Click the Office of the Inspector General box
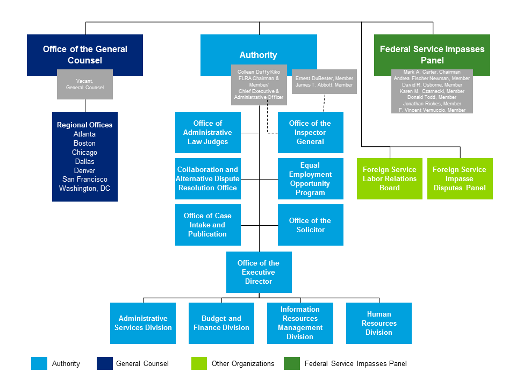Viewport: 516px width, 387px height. point(310,132)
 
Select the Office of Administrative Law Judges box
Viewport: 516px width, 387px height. point(207,132)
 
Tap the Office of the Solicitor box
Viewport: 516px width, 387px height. point(310,225)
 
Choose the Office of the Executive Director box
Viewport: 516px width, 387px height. point(259,272)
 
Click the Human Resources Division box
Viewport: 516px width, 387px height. point(378,323)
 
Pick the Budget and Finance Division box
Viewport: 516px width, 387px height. point(221,323)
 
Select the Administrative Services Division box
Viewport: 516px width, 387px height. point(143,323)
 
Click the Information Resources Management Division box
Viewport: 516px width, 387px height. point(300,323)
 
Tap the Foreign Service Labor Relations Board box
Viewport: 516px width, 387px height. point(389,178)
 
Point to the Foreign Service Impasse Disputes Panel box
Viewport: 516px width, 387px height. point(460,178)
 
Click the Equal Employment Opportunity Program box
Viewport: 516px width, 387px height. point(310,178)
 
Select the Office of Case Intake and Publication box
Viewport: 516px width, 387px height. point(207,225)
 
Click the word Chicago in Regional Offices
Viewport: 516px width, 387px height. point(84,152)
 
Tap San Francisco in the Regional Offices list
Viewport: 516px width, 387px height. point(84,180)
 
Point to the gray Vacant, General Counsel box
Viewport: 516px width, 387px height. point(85,84)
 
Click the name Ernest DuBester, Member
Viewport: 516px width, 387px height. point(324,78)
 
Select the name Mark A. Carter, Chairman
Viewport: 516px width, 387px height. point(432,72)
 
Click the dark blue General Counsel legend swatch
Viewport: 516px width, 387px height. point(104,364)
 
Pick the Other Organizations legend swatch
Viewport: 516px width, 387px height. point(199,364)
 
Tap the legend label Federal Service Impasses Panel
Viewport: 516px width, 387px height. point(355,364)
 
